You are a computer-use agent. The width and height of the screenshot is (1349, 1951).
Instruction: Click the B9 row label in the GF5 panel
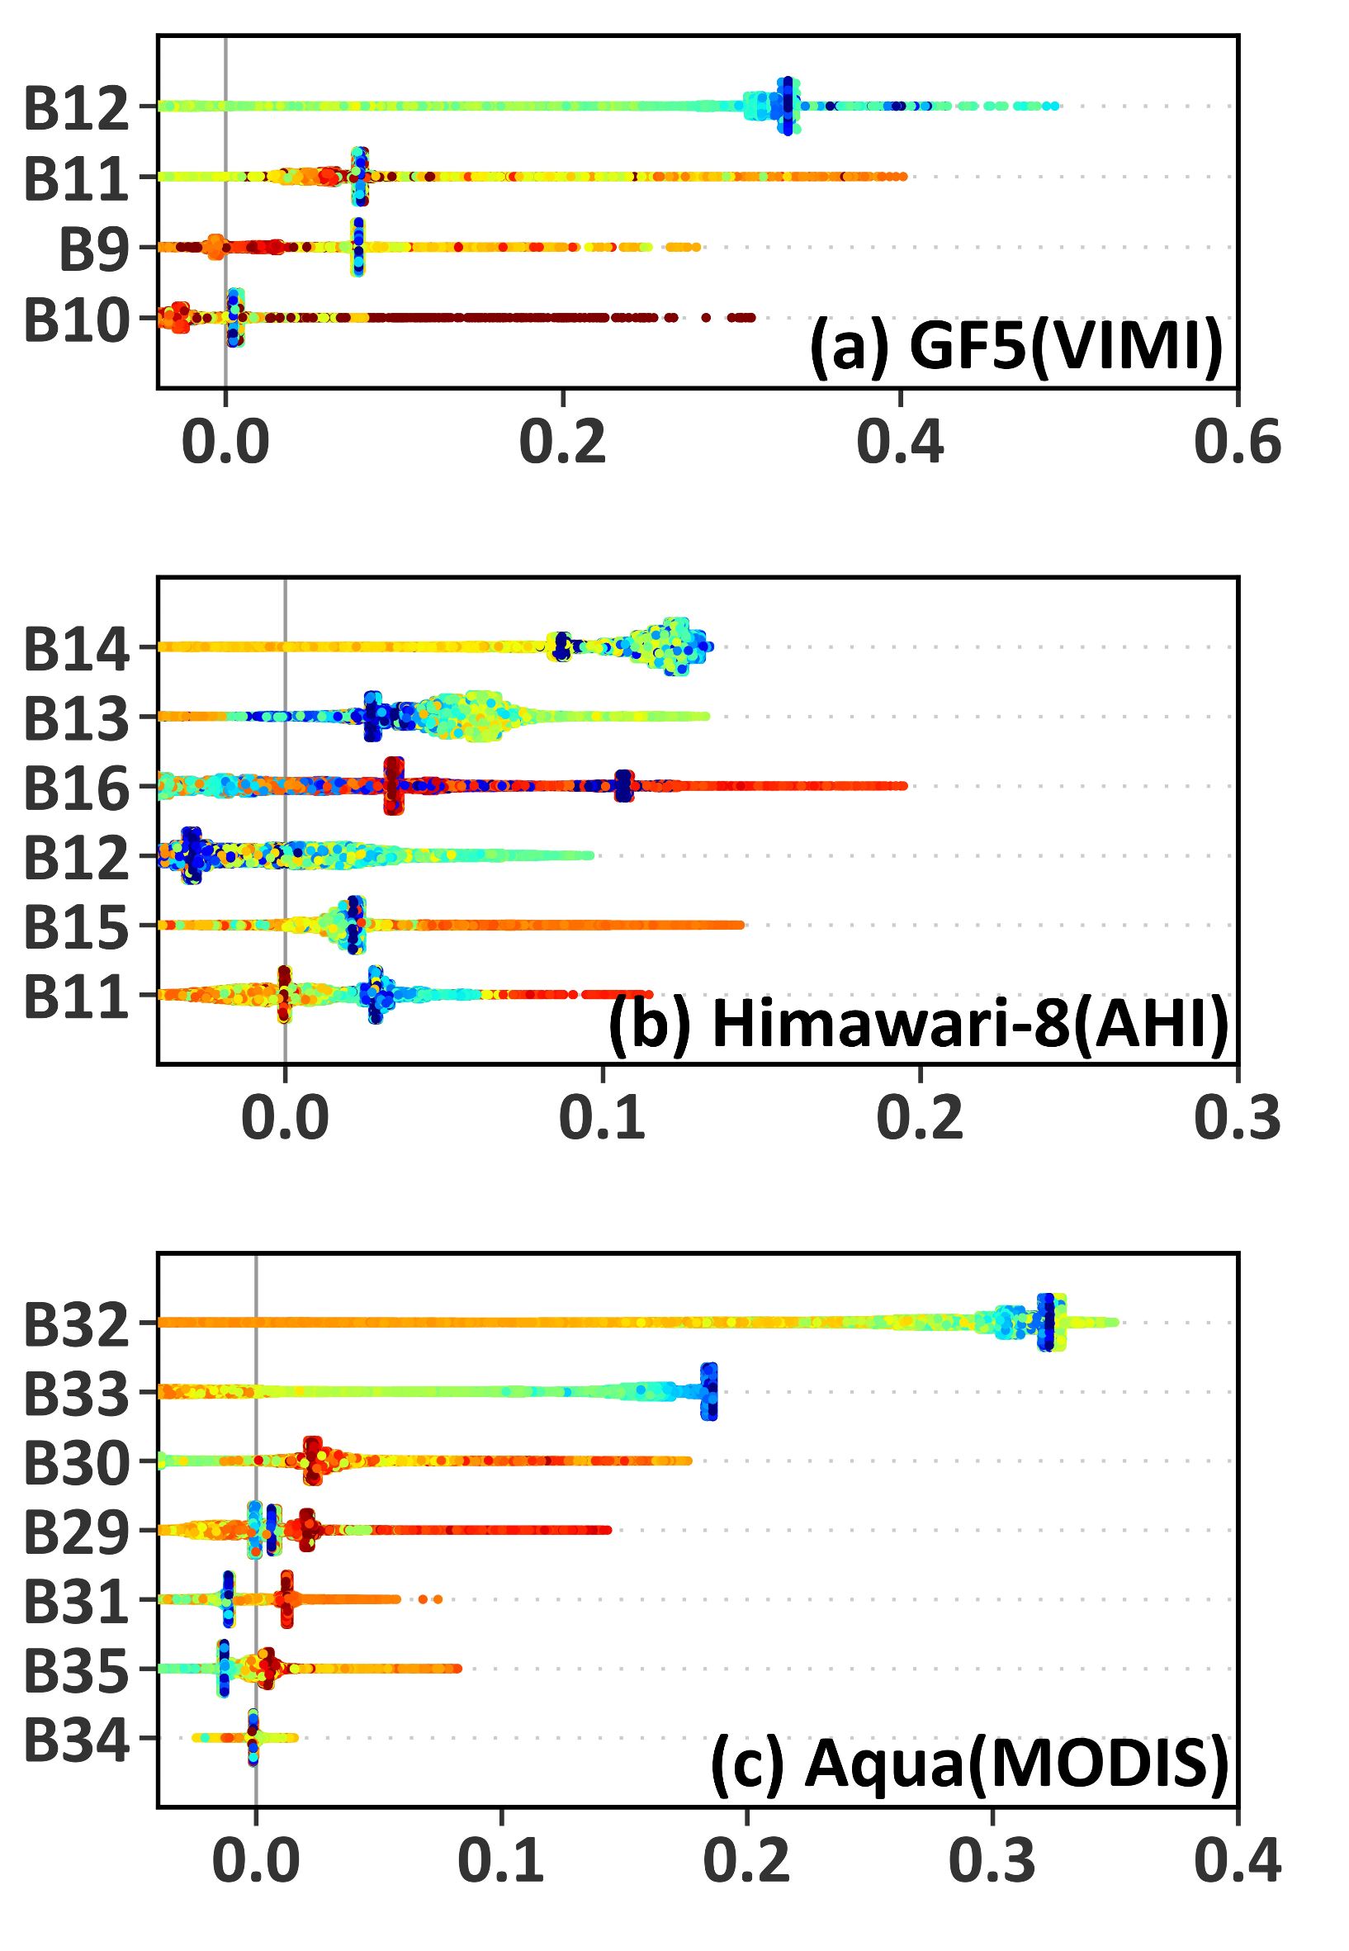[x=93, y=251]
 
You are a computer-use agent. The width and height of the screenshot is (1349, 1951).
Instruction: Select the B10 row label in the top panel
[x=76, y=322]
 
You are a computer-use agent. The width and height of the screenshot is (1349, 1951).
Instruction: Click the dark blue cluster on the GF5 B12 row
[x=788, y=106]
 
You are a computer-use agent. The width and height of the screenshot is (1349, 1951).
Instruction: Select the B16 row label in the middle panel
[x=76, y=789]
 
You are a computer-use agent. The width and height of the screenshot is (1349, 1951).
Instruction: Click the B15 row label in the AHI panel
[x=76, y=929]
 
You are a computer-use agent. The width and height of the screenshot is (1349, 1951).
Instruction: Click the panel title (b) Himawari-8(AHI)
[x=918, y=1025]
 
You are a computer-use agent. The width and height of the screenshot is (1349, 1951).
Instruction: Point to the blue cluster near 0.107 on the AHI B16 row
[x=624, y=785]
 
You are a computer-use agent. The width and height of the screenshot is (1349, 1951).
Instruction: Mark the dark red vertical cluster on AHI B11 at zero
[x=284, y=994]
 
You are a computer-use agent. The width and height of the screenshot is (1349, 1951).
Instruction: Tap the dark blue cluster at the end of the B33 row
[x=710, y=1391]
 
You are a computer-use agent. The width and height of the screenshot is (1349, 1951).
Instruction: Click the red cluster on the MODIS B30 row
[x=313, y=1460]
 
